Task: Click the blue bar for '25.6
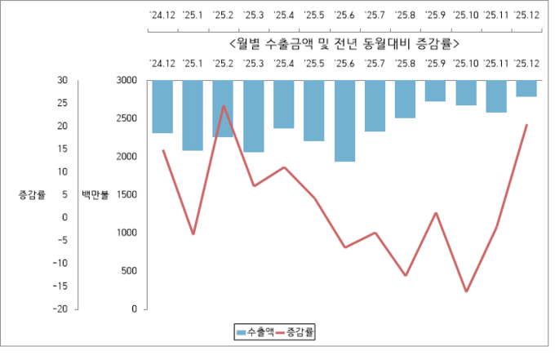[344, 121]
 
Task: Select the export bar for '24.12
[162, 106]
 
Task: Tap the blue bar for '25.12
[526, 88]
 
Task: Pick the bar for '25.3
[253, 116]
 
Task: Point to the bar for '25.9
[435, 91]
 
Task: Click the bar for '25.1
[193, 115]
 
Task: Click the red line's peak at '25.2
[223, 106]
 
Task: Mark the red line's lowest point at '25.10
[466, 291]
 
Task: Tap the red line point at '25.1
[193, 234]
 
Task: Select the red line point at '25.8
[405, 276]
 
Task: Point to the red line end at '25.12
[526, 125]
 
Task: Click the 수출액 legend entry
[255, 331]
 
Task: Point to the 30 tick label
[62, 80]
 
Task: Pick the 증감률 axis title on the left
[32, 195]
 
